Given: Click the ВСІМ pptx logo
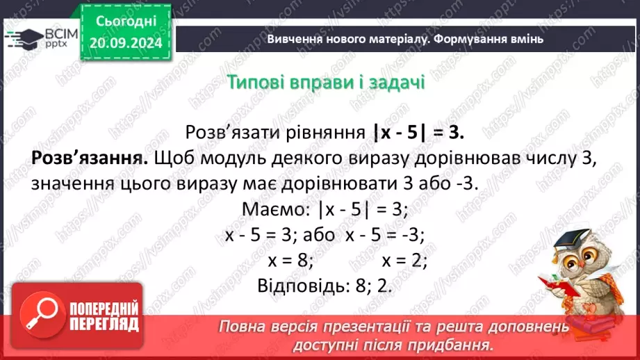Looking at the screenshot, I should point(40,38).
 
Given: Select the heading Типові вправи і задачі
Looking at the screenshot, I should point(326,82).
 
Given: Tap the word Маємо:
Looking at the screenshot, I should point(272,209).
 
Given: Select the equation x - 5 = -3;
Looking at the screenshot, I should point(384,235).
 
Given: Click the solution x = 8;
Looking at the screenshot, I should point(291,261).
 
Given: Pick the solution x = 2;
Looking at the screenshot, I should point(404,261).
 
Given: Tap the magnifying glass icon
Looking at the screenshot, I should point(39,316).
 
